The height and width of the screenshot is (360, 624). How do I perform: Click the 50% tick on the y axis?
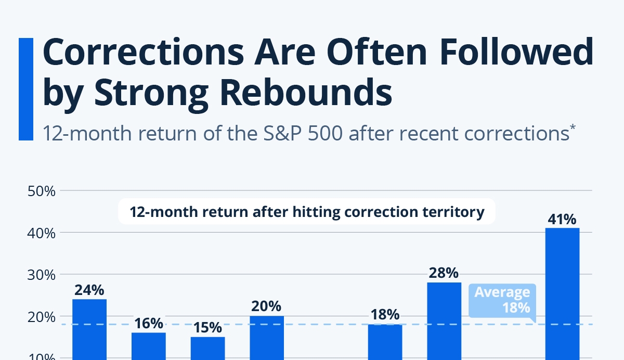coord(41,191)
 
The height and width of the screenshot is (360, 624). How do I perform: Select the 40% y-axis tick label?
coord(41,233)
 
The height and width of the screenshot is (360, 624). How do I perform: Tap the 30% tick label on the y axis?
coord(41,274)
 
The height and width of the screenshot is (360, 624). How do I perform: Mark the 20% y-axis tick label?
coord(41,316)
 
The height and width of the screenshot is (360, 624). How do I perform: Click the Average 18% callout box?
coord(501,300)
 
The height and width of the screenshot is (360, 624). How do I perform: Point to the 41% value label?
coord(562,220)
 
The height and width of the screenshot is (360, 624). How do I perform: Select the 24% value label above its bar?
coord(89,290)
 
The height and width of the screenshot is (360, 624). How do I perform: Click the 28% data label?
coord(444,273)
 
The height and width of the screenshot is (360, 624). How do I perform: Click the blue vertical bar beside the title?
coord(25,89)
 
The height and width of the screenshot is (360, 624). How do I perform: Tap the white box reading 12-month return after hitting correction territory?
coord(307,212)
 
